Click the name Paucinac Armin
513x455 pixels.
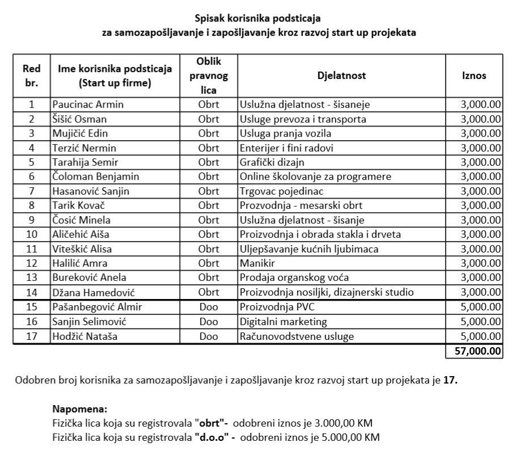point(88,104)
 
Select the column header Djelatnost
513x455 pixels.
point(341,75)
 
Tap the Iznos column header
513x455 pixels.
point(474,75)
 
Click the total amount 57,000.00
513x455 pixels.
point(478,351)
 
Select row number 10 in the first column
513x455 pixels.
point(32,234)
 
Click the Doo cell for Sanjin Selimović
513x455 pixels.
point(209,322)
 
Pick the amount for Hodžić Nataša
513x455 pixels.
point(481,336)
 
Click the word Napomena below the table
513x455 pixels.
point(79,408)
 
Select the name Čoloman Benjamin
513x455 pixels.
point(96,176)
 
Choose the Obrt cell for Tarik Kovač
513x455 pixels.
point(209,205)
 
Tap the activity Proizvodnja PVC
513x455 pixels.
point(277,307)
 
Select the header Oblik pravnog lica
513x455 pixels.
point(209,75)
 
